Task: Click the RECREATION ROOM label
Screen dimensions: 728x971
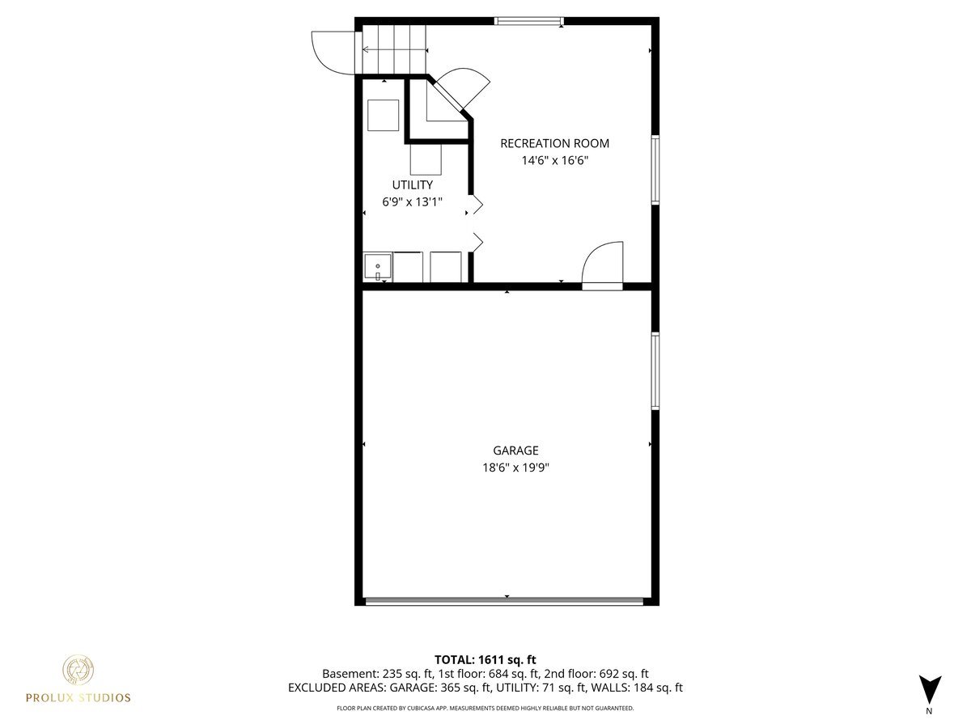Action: [554, 143]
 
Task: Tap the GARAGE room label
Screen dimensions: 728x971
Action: [515, 451]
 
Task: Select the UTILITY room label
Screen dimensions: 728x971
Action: [412, 185]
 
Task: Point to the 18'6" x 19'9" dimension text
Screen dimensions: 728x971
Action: [515, 468]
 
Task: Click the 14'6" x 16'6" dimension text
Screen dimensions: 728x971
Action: [554, 160]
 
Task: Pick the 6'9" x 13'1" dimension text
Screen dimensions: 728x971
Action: [412, 201]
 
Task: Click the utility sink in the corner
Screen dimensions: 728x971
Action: [377, 267]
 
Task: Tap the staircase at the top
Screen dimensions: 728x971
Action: [394, 49]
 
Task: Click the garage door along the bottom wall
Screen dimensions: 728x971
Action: [505, 601]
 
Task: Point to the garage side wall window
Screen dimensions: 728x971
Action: [655, 370]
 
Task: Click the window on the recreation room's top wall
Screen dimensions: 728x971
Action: [529, 21]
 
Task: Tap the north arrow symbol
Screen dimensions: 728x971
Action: [930, 689]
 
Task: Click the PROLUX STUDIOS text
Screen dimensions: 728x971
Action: [78, 697]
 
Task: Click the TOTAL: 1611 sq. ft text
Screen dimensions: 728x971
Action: [485, 659]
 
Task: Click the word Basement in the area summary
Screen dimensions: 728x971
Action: [346, 674]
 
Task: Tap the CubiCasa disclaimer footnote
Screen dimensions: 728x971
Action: [485, 708]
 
